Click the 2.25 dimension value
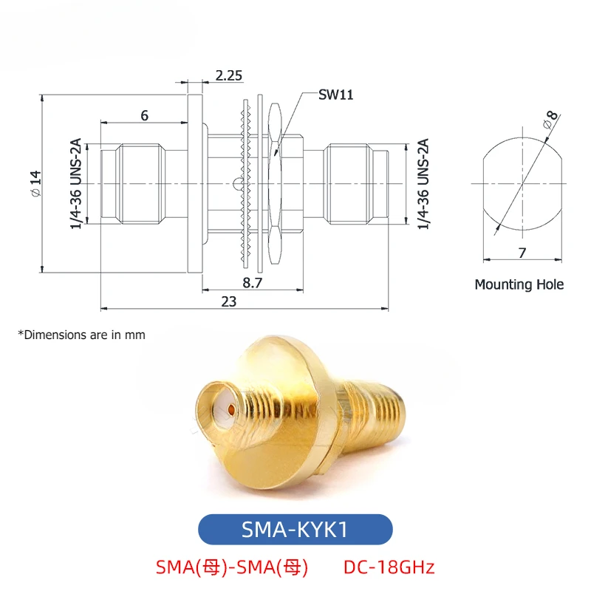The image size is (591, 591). click(x=229, y=76)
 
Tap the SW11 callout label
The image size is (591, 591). click(x=336, y=95)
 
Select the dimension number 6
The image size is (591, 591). click(x=144, y=115)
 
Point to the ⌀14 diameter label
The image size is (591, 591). click(x=36, y=183)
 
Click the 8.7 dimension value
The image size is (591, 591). click(x=252, y=283)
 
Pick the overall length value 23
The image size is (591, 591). click(x=229, y=301)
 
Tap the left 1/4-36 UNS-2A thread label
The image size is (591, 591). click(x=76, y=183)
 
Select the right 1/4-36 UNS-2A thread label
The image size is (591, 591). click(x=423, y=184)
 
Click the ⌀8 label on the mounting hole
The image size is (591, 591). click(x=550, y=120)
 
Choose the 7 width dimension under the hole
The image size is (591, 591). click(x=522, y=253)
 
